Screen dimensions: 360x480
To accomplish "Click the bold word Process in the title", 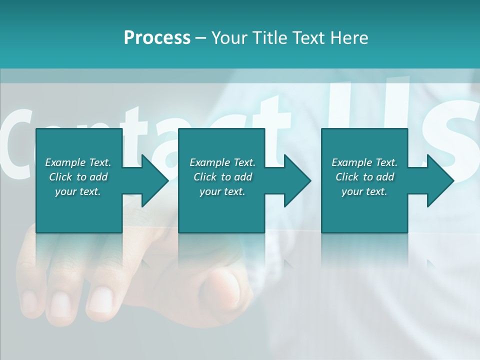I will pyautogui.click(x=157, y=38).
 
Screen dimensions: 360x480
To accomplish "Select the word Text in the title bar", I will pyautogui.click(x=308, y=38).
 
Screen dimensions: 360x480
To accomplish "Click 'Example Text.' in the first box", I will pyautogui.click(x=78, y=162).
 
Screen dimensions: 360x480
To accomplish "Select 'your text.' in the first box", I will pyautogui.click(x=78, y=191).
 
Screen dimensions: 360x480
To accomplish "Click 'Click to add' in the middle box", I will pyautogui.click(x=222, y=177).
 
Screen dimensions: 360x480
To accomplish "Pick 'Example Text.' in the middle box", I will pyautogui.click(x=222, y=162).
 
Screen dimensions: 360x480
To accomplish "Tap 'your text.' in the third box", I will pyautogui.click(x=364, y=191).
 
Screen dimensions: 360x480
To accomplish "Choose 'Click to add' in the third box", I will pyautogui.click(x=364, y=177).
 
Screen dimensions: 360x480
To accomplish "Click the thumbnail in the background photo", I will pyautogui.click(x=225, y=290).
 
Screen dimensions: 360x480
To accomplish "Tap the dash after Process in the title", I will pyautogui.click(x=200, y=38).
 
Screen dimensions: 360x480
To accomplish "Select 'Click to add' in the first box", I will pyautogui.click(x=78, y=177).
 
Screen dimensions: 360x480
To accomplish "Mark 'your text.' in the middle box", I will pyautogui.click(x=222, y=191).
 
